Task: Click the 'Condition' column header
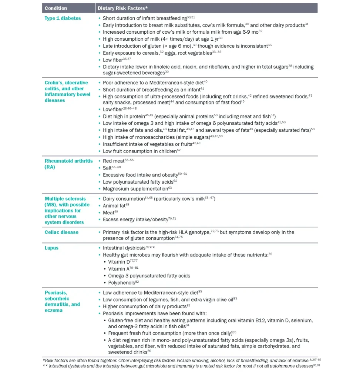point(56,8)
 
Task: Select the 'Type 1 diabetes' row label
point(63,18)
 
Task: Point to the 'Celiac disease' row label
point(61,232)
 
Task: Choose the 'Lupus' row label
point(51,248)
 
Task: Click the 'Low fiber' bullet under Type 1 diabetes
point(112,60)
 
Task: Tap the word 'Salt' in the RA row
point(108,168)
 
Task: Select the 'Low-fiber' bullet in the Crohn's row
point(112,110)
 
